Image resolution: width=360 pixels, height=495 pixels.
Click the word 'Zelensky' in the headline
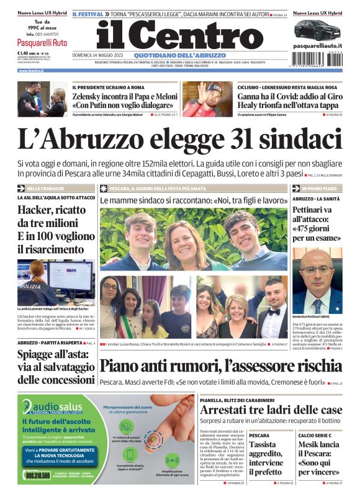90,96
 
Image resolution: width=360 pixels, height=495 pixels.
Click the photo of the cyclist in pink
215,99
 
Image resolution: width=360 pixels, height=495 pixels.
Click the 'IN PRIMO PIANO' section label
320,188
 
